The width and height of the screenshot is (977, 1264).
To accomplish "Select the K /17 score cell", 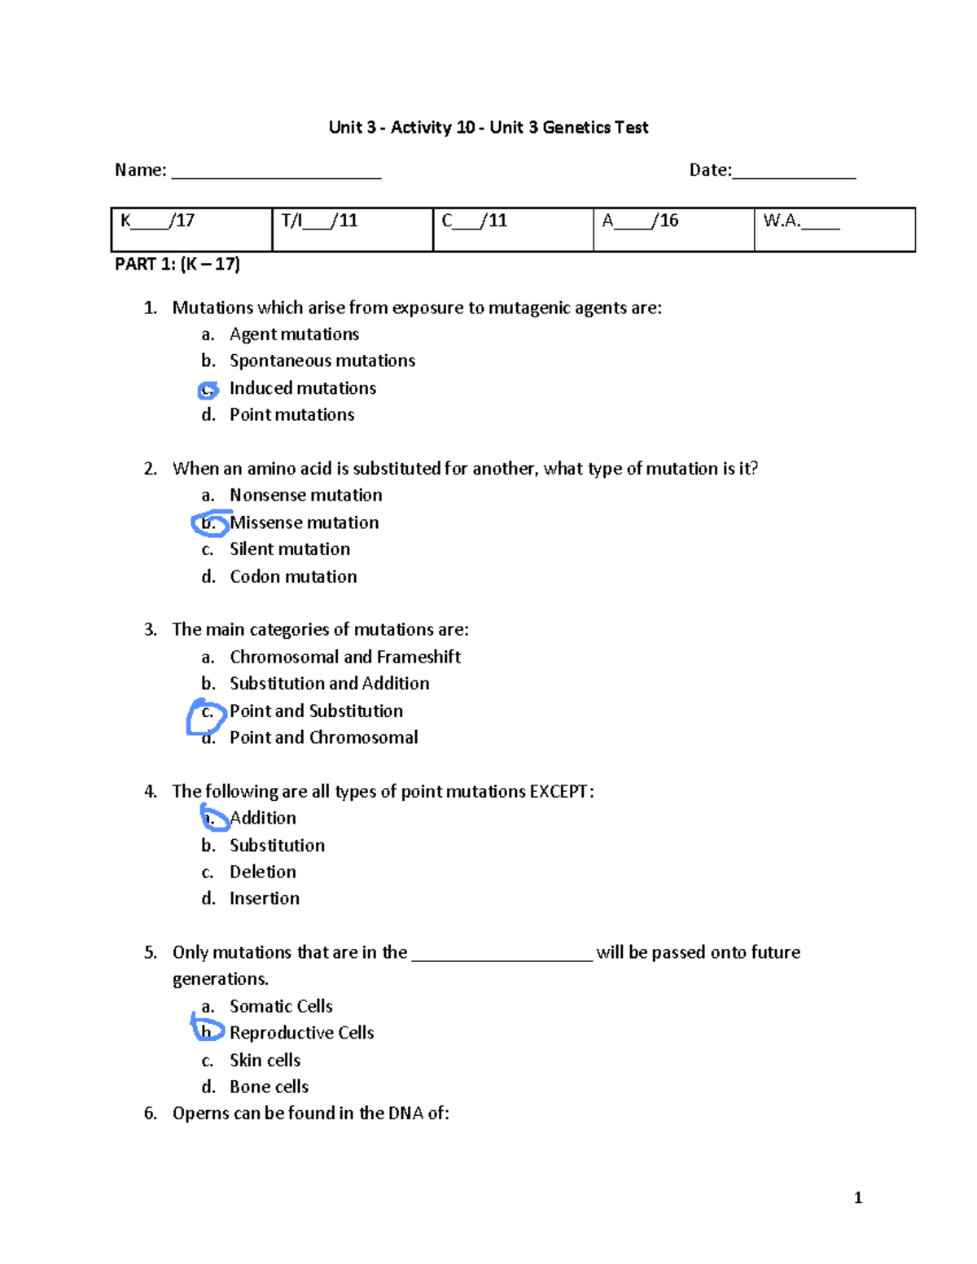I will pyautogui.click(x=191, y=229).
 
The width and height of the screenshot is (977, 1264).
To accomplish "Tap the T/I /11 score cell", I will pyautogui.click(x=352, y=229).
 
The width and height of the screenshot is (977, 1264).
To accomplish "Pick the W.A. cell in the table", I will pyautogui.click(x=834, y=229).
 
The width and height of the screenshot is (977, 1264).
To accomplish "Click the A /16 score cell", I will pyautogui.click(x=673, y=229).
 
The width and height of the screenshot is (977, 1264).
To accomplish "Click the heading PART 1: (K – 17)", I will pyautogui.click(x=177, y=264).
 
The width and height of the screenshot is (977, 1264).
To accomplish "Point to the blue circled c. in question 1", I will pyautogui.click(x=208, y=390).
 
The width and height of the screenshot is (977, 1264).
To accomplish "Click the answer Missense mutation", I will pyautogui.click(x=304, y=523).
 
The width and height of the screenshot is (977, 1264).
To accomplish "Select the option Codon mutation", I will pyautogui.click(x=293, y=576).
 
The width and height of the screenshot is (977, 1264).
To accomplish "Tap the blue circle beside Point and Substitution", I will pyautogui.click(x=206, y=714).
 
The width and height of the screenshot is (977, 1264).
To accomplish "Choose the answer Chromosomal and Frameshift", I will pyautogui.click(x=345, y=657).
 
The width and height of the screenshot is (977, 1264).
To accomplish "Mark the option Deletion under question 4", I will pyautogui.click(x=262, y=872).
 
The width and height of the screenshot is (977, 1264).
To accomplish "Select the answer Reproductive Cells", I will pyautogui.click(x=301, y=1033).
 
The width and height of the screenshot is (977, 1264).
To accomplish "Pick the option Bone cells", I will pyautogui.click(x=269, y=1087).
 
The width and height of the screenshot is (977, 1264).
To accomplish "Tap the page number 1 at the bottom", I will pyautogui.click(x=858, y=1197).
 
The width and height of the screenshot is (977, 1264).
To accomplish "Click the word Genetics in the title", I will pyautogui.click(x=576, y=127).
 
